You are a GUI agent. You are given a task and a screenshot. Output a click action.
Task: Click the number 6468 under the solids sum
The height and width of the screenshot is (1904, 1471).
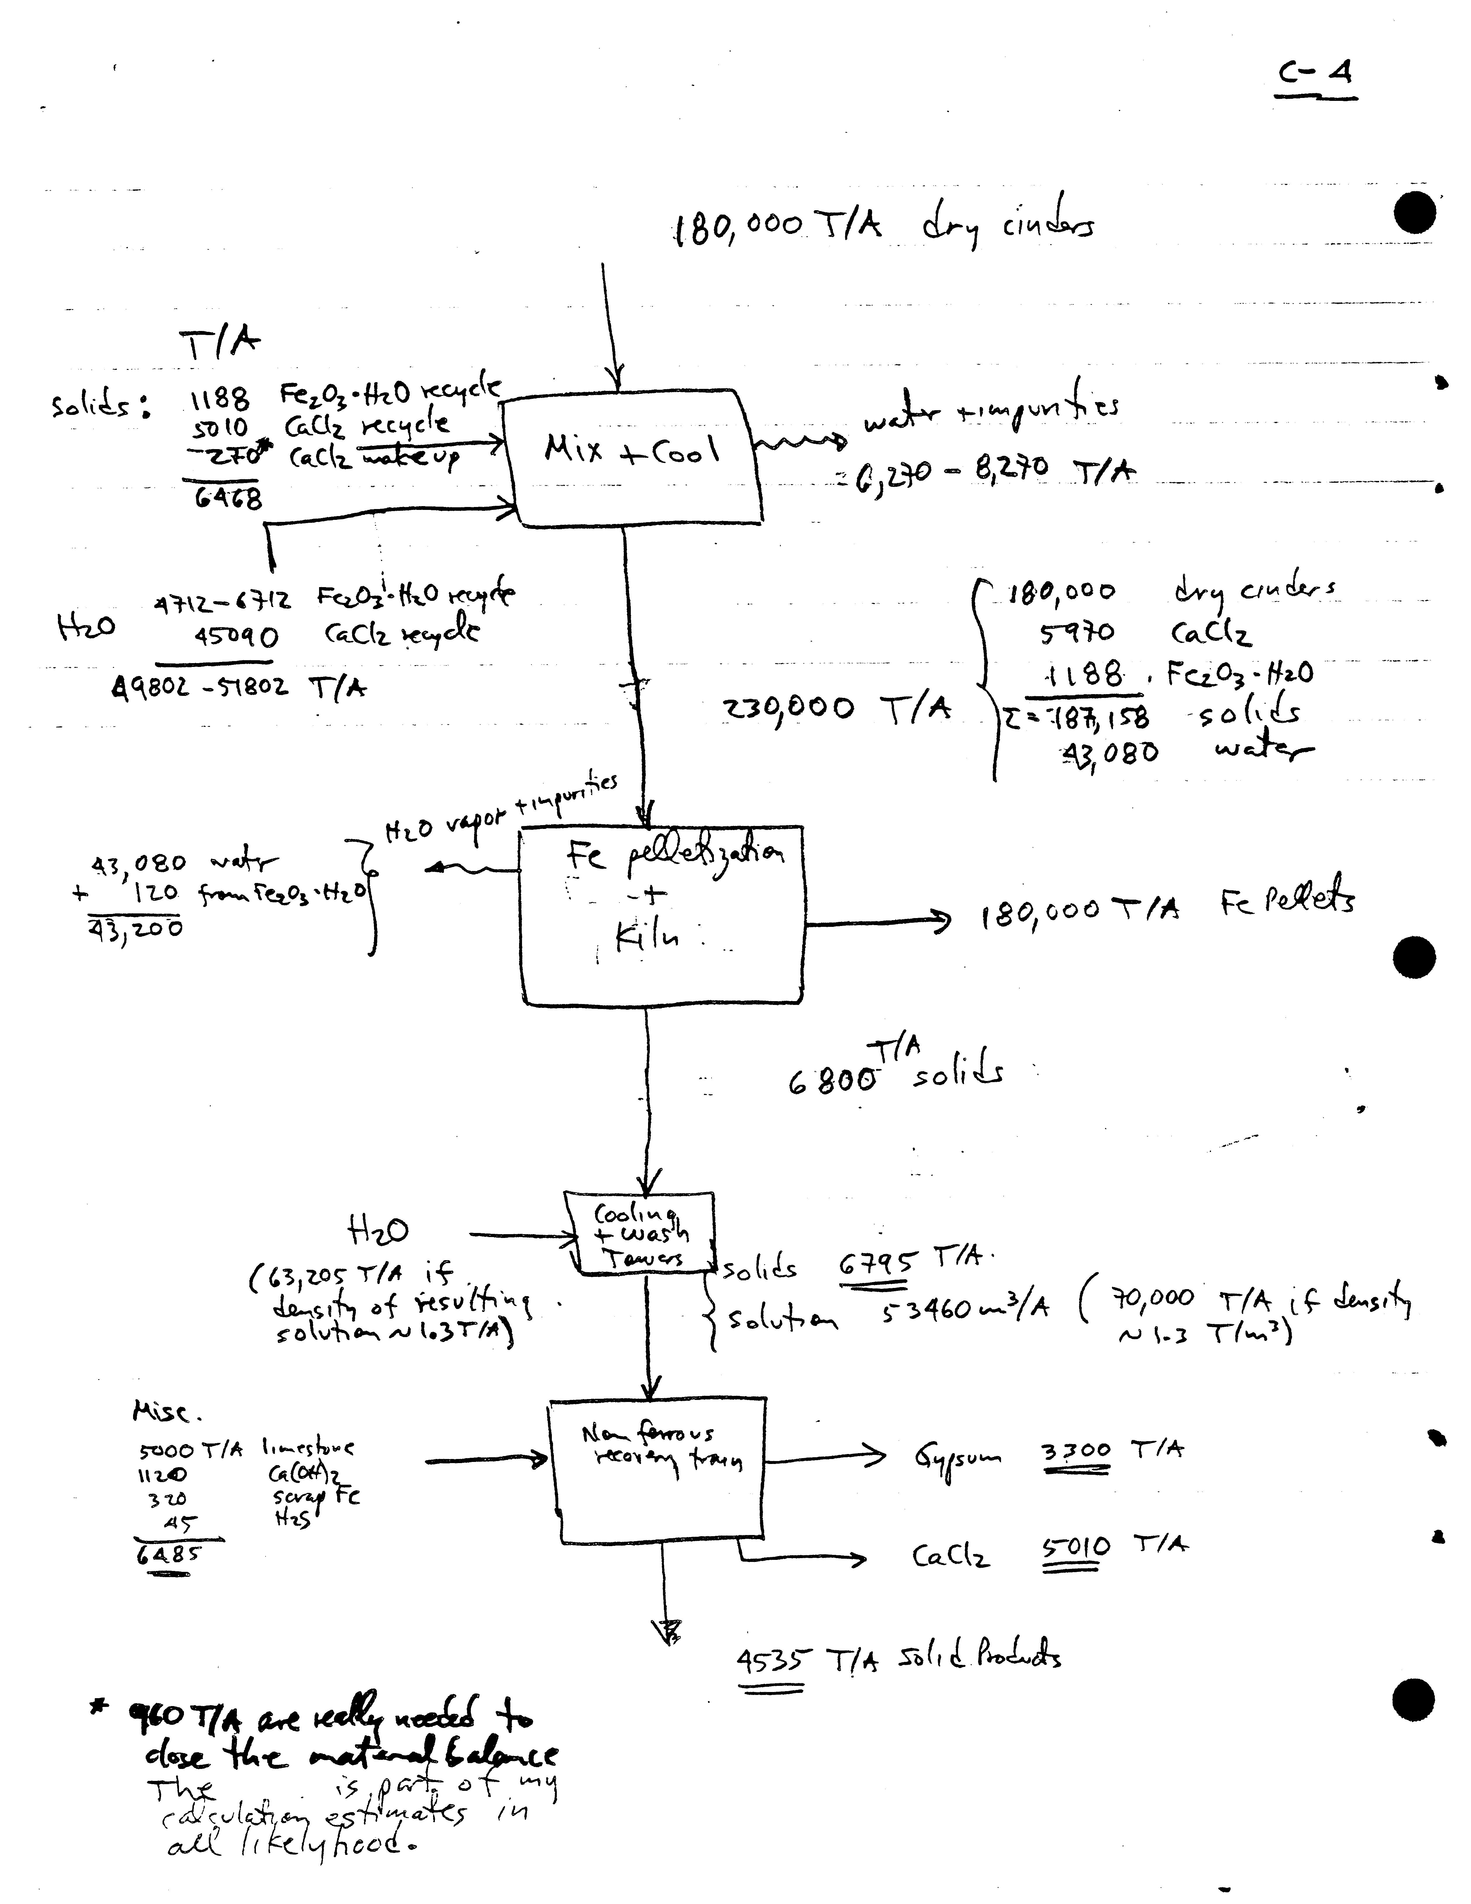[x=228, y=499]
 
